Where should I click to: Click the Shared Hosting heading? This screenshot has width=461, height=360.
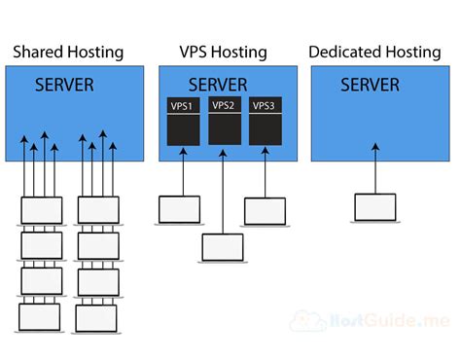[68, 52]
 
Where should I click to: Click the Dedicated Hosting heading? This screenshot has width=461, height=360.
[374, 52]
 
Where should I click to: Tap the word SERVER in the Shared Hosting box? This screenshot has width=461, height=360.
[65, 85]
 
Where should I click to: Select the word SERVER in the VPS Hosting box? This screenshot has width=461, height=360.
[218, 85]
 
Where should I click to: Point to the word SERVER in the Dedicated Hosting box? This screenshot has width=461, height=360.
[371, 85]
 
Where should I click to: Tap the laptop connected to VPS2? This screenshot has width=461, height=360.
[223, 247]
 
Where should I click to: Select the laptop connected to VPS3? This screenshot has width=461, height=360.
[264, 212]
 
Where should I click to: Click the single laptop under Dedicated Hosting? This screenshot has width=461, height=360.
[374, 206]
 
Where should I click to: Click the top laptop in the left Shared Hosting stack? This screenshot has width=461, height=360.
[39, 211]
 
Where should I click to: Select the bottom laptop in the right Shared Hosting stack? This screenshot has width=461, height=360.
[96, 318]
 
